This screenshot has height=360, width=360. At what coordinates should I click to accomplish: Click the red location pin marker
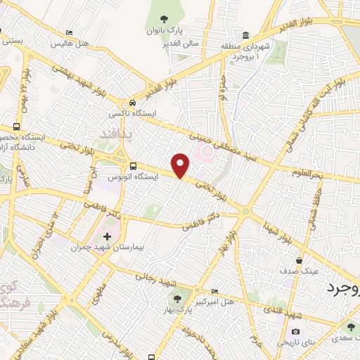point(181,165)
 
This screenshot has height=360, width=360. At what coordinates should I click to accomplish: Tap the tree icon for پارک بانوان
point(164,19)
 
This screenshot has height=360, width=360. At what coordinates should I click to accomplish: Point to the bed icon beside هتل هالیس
point(69,33)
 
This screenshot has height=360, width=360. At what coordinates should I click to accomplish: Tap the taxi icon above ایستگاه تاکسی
point(124,103)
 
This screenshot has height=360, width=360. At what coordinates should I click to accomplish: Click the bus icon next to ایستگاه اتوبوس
point(133,166)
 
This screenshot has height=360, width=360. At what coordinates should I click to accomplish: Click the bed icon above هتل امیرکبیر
point(215,291)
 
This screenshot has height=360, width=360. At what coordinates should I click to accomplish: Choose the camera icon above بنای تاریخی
point(294,331)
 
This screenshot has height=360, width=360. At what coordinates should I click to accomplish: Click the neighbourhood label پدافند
point(107,132)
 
